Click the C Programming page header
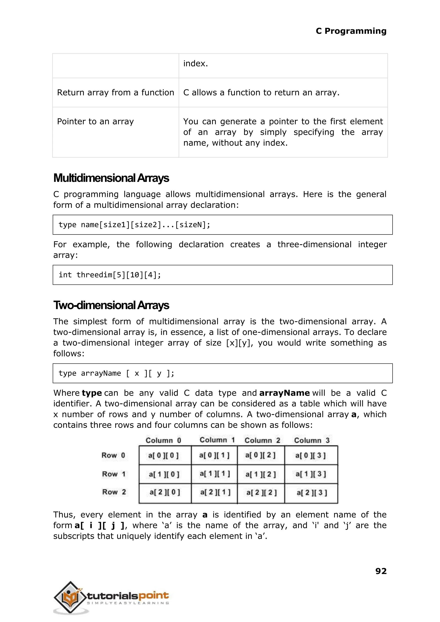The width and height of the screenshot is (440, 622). click(x=351, y=31)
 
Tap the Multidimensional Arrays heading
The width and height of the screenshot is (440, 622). click(x=111, y=178)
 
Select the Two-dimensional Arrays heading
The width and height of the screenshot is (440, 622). click(x=111, y=305)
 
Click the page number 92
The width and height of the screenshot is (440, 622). click(x=381, y=571)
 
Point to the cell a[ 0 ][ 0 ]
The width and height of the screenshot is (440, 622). click(x=163, y=455)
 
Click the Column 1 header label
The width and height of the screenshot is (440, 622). click(x=217, y=440)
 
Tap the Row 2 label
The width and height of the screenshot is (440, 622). click(x=114, y=492)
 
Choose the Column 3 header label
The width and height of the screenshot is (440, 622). click(x=312, y=440)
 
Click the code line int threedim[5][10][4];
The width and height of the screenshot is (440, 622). click(x=110, y=275)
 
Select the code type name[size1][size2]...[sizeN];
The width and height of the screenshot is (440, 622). click(x=134, y=225)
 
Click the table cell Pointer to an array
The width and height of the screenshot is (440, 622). click(x=95, y=121)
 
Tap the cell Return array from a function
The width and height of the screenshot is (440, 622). click(x=115, y=93)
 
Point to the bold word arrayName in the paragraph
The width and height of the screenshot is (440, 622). click(x=284, y=393)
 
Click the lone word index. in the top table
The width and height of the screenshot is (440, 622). click(x=195, y=63)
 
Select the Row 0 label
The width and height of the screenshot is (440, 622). click(x=113, y=455)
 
